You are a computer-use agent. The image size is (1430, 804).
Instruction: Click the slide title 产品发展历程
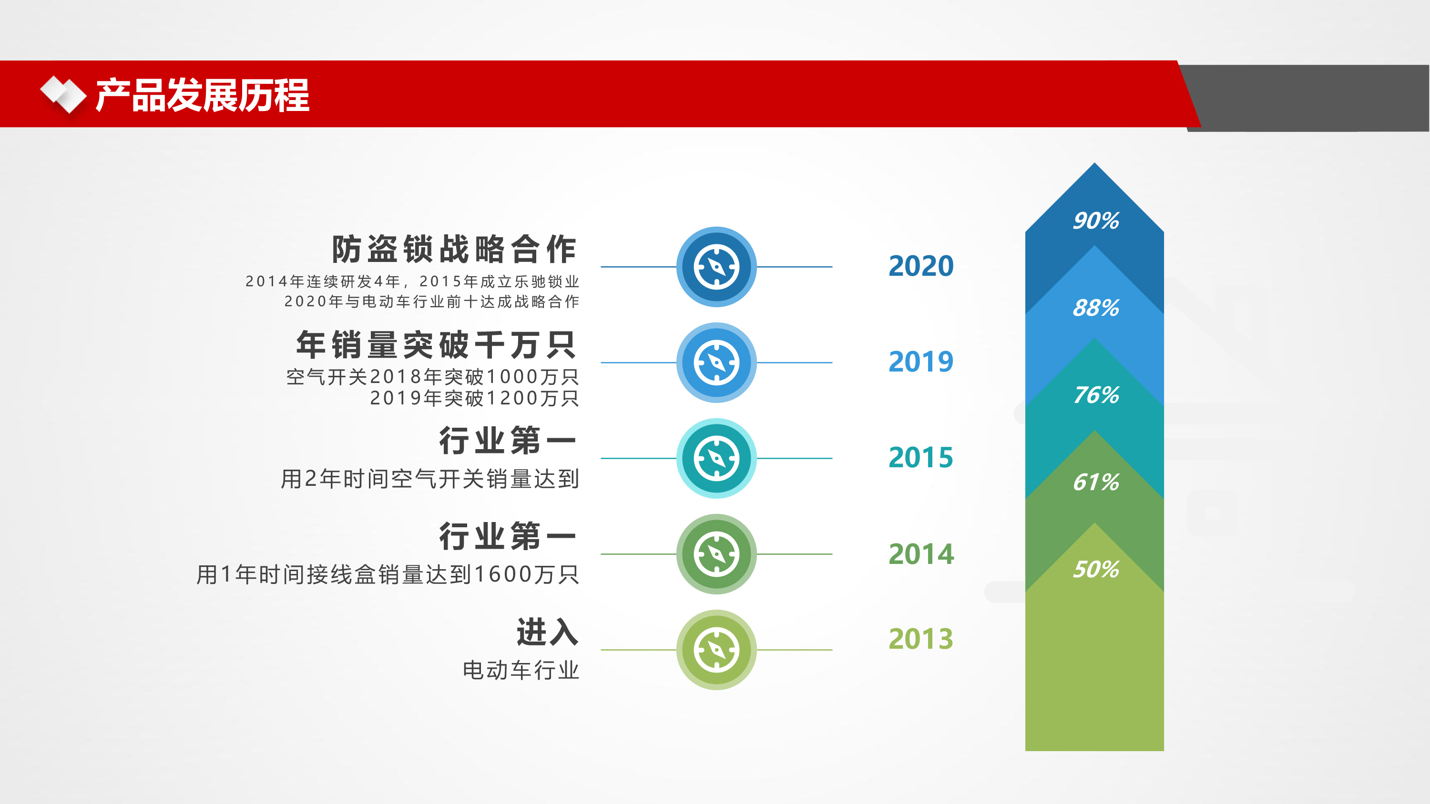(203, 95)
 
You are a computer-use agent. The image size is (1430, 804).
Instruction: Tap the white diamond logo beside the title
(63, 94)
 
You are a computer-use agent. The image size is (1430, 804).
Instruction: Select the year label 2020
(921, 266)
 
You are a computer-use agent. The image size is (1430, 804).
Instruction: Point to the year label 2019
(921, 362)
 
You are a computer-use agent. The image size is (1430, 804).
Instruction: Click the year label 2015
(921, 458)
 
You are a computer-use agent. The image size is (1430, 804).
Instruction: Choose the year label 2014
(921, 554)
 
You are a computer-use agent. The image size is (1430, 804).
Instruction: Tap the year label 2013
(921, 639)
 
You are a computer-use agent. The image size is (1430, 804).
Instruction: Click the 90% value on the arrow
(1096, 220)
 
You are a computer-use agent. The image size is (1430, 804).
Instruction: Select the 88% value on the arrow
(1096, 307)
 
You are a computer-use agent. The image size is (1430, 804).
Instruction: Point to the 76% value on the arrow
(1096, 394)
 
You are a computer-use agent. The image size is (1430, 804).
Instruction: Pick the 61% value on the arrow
(1096, 482)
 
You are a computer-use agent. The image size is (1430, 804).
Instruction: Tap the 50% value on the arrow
(1096, 569)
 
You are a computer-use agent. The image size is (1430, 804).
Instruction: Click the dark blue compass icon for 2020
(716, 267)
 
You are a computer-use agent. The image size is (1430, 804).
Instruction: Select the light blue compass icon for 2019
(716, 363)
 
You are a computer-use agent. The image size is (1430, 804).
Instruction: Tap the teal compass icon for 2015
(716, 458)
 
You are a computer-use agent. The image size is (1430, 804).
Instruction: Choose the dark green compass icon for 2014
(716, 554)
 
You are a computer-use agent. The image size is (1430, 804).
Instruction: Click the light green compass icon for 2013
(716, 650)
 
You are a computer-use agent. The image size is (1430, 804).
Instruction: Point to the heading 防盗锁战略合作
(454, 249)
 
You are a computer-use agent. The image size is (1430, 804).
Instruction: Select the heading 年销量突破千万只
(436, 344)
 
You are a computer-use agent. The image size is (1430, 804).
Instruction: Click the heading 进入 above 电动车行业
(547, 632)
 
